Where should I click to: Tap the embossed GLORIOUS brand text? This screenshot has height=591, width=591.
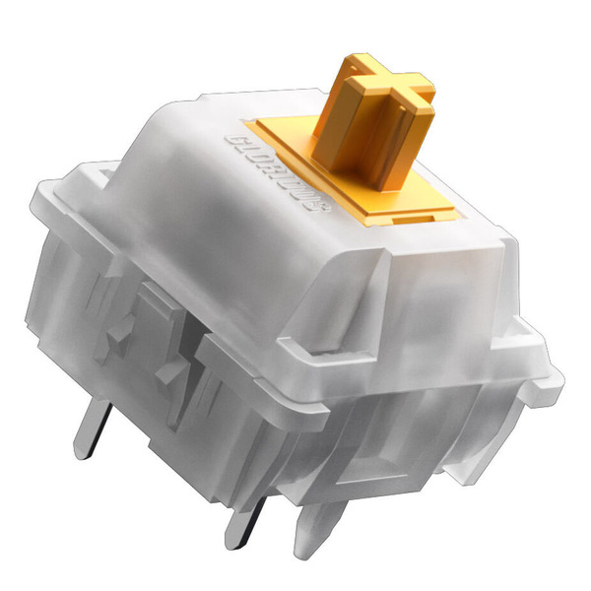coord(278,174)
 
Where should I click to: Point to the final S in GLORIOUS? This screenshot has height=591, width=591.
coord(321,206)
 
